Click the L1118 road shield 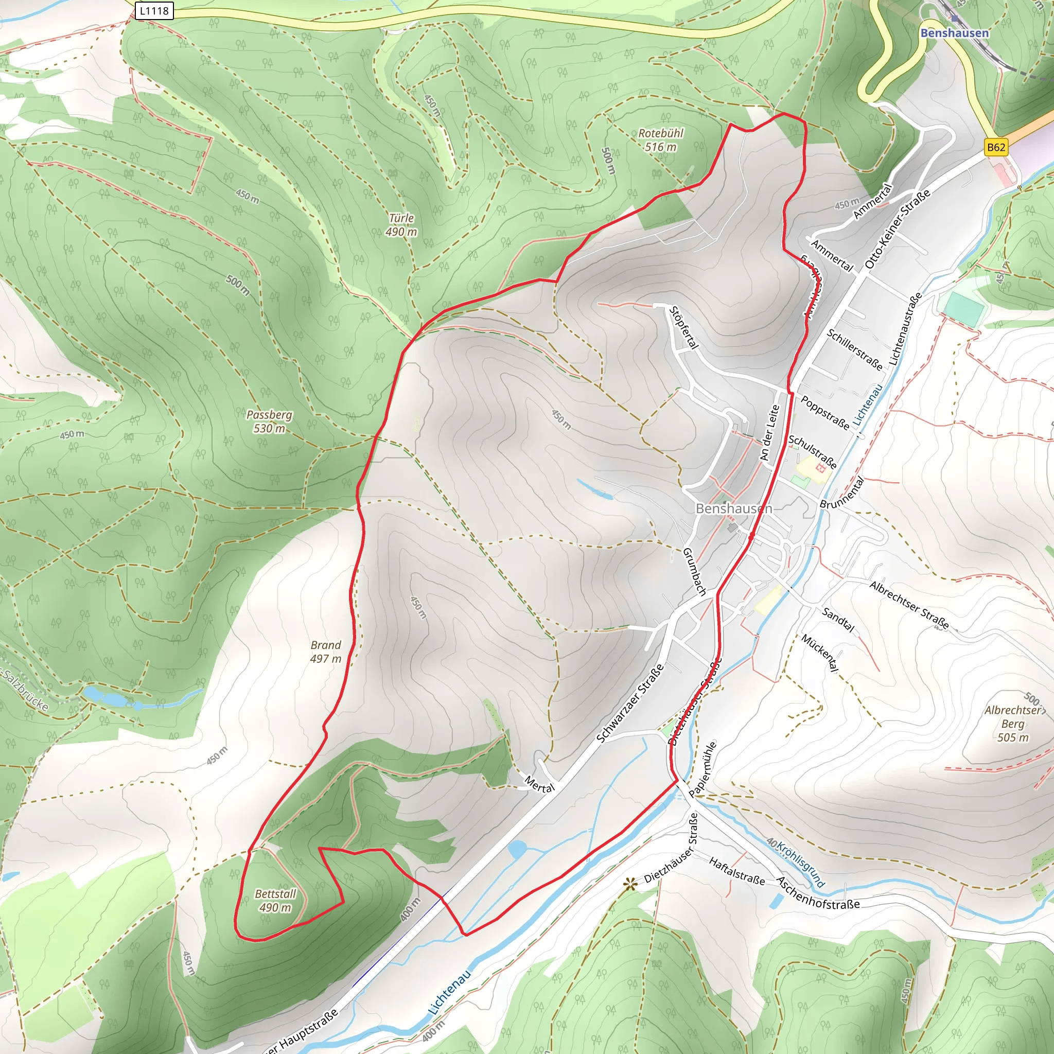(x=154, y=11)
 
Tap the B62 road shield (x=996, y=147)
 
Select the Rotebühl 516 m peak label (x=661, y=139)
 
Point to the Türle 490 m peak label (x=401, y=225)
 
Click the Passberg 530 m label (x=269, y=421)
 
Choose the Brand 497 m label (x=326, y=652)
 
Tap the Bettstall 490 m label (x=275, y=900)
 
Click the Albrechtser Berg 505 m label (x=1013, y=724)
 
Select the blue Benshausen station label (x=954, y=33)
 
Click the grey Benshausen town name (x=734, y=508)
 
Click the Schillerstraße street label (x=854, y=349)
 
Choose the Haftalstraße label (x=736, y=870)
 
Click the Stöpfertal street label (x=683, y=327)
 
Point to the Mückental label (x=819, y=653)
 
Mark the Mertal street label (x=539, y=784)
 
